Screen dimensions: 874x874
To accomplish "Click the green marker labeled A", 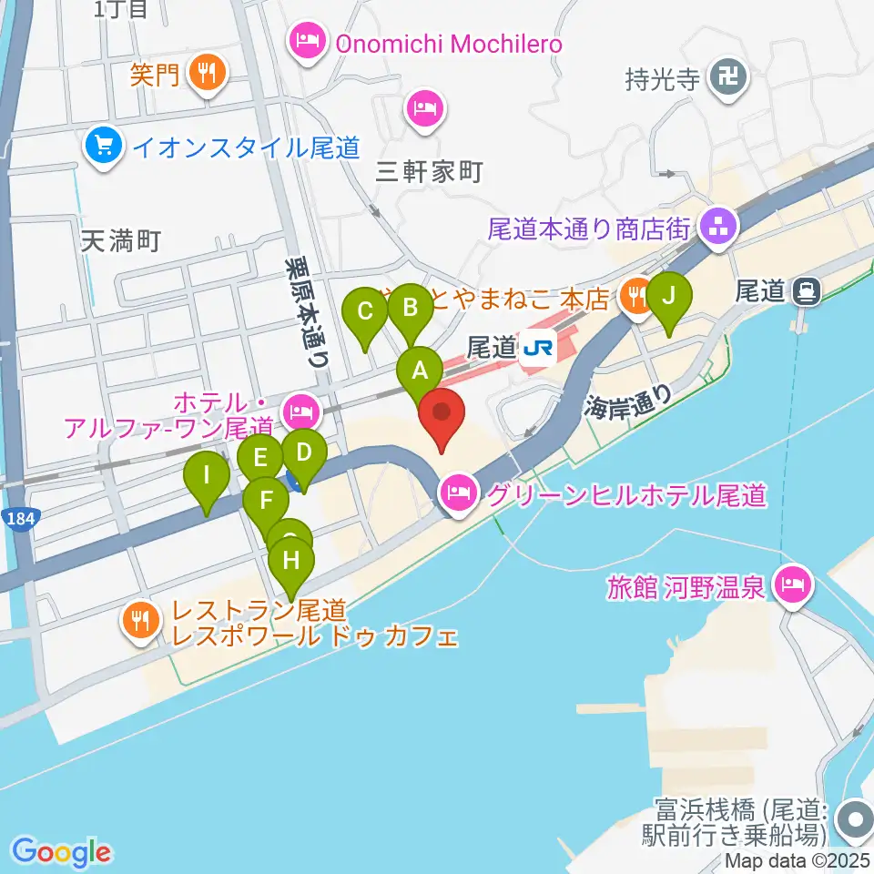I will point(420,371).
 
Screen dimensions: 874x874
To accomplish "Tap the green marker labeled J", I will point(669,296).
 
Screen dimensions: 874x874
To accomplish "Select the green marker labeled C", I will point(365,312).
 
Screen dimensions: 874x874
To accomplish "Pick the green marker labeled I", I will point(207,475).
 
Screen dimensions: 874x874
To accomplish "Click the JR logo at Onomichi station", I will point(538,348).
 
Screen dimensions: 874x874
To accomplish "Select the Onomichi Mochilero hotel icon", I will point(308,42).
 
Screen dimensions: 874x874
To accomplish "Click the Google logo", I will point(61,852).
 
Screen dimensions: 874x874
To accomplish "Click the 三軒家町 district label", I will point(429,171).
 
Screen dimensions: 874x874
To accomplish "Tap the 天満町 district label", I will point(121,240).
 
